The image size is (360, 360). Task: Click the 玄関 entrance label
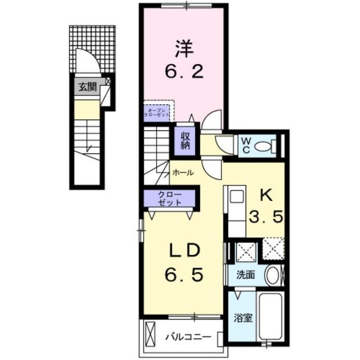point(87,87)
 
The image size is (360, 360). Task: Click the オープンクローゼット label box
point(156,111)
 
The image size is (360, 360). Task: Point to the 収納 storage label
point(186,140)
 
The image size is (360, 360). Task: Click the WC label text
point(245,145)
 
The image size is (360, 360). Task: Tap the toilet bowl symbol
point(263,146)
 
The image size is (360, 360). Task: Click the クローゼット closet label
point(169,198)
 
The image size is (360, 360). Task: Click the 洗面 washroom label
point(246,276)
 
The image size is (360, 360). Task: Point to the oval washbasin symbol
point(273,276)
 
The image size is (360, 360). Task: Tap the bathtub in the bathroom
point(272,317)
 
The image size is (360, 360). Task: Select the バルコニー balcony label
point(188,338)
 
